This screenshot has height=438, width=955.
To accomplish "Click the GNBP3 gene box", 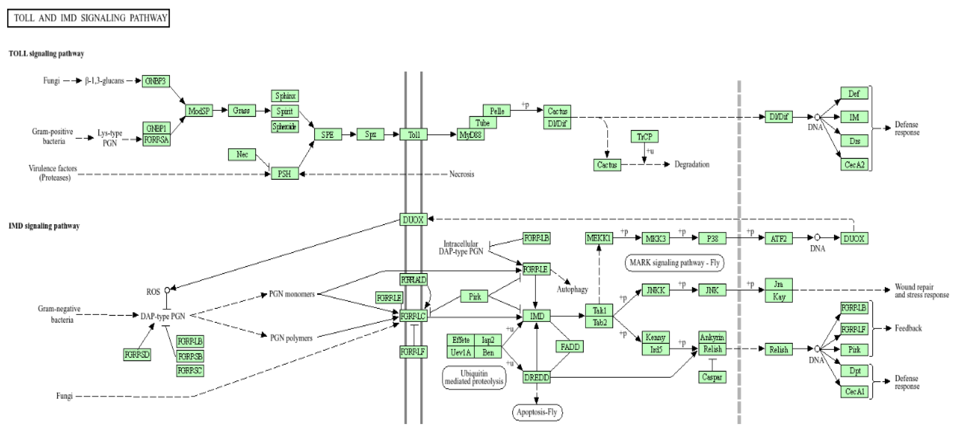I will (156, 81).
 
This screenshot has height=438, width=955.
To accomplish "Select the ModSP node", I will (199, 111).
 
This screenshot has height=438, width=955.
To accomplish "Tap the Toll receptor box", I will (413, 134).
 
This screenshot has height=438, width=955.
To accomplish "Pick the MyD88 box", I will (470, 134).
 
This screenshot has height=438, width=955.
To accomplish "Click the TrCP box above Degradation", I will (644, 136).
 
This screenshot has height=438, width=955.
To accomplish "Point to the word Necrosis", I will (462, 174).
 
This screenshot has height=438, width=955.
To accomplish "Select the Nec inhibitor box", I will (242, 154).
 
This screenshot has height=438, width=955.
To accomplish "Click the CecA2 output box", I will (854, 164).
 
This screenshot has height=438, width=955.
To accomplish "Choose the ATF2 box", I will (779, 238).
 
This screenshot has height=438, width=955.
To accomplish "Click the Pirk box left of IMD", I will (474, 296).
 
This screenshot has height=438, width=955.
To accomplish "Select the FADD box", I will (570, 347).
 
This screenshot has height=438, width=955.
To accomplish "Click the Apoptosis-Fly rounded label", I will (537, 412).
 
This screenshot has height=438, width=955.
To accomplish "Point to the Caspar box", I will (712, 377).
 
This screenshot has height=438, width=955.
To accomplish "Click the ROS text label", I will (153, 292).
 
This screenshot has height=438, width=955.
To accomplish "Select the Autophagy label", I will (572, 289).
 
